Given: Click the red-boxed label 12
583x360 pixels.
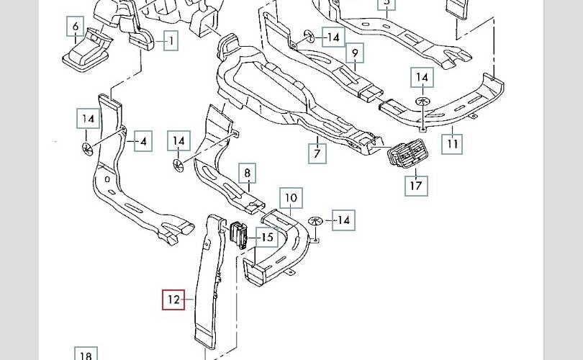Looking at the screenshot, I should (x=173, y=299).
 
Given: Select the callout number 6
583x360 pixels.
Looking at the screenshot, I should (x=75, y=28).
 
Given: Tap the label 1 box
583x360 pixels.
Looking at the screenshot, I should (x=171, y=41).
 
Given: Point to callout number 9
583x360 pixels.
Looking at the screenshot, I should (x=354, y=53).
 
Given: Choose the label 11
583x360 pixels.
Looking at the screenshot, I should (x=451, y=143).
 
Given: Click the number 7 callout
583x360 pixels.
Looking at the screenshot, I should (x=317, y=153).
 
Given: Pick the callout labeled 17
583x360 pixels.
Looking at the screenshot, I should (x=416, y=185).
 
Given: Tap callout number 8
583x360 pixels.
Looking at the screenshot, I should (x=247, y=173).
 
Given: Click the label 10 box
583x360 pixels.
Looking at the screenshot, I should (x=290, y=197).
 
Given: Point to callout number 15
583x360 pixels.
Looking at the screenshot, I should (x=267, y=237).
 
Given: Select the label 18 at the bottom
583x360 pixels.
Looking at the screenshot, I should (x=85, y=355).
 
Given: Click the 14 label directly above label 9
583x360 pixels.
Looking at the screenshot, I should (x=333, y=36).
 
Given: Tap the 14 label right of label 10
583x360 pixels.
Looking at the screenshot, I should (x=343, y=220).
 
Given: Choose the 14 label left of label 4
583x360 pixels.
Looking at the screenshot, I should (x=88, y=119).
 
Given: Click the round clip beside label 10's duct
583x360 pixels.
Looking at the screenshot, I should (x=315, y=220).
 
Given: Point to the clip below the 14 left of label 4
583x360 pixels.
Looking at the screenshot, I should (x=86, y=148).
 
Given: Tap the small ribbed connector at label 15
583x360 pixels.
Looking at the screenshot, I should (x=240, y=235).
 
